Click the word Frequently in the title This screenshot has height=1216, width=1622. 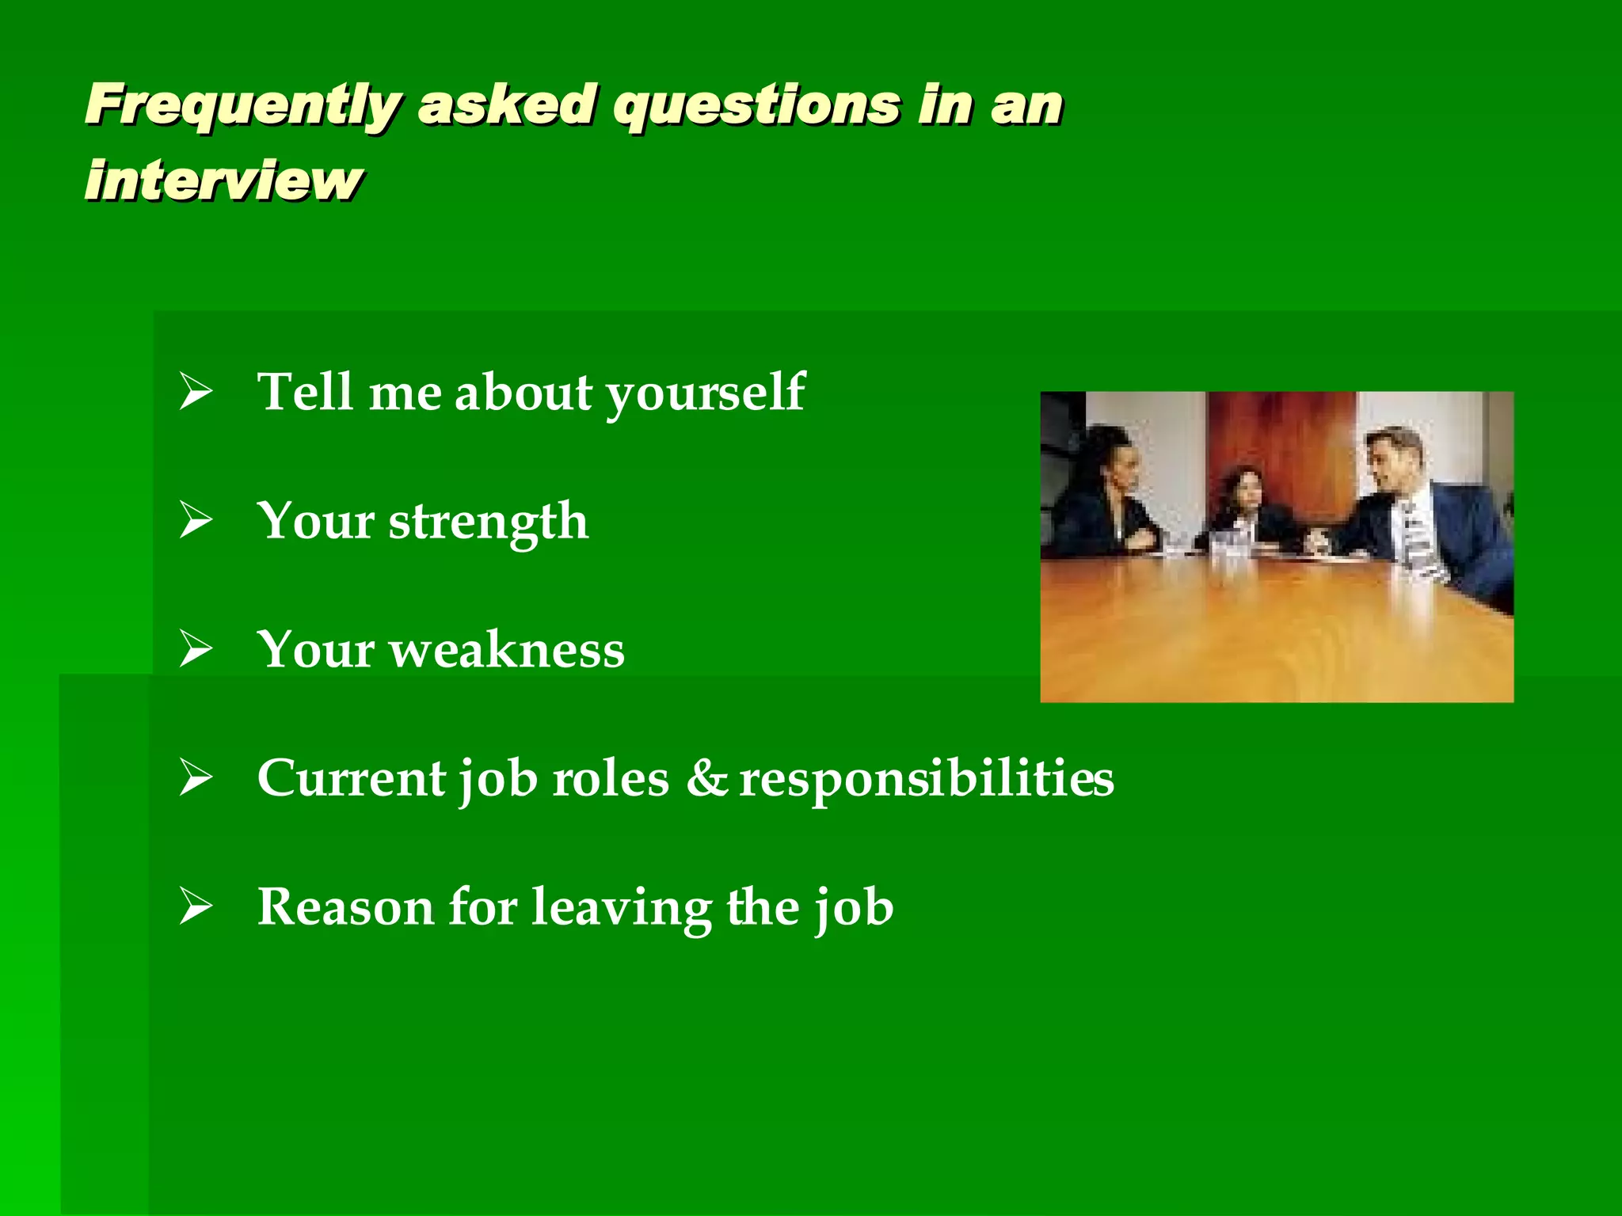tap(242, 105)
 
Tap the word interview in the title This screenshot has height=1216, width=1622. tap(223, 180)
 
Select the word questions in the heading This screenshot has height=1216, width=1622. tap(756, 105)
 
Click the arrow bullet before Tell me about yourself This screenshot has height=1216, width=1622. tap(196, 392)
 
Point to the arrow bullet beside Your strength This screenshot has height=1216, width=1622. tap(196, 521)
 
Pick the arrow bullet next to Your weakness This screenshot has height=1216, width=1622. tap(196, 649)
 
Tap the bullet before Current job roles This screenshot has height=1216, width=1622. tap(196, 777)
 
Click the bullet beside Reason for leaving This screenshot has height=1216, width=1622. tap(196, 906)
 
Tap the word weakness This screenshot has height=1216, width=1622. tap(507, 649)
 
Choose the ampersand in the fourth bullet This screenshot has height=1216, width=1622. tap(706, 777)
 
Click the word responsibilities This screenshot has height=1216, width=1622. tap(927, 779)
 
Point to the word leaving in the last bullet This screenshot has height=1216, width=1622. tap(622, 908)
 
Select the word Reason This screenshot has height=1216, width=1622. tap(346, 906)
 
